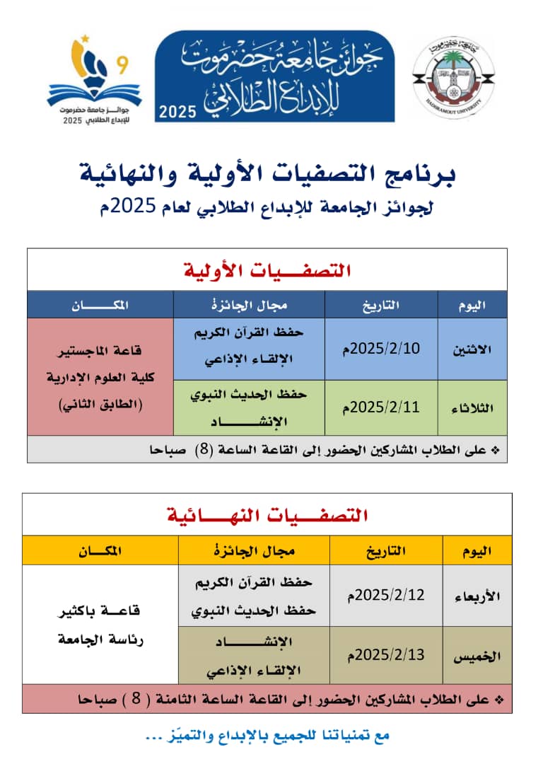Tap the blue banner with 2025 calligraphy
coord(274,76)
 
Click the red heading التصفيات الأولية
coord(267,270)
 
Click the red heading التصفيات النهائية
coord(267,514)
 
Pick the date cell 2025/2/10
coord(381,348)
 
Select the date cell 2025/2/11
coord(381,407)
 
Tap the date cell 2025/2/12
coord(386,594)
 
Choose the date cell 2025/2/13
coord(386,654)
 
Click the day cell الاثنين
coord(472,349)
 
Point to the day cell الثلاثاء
coord(472,408)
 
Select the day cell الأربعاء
coord(477,596)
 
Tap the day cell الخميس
coord(477,656)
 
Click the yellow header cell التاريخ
coord(386,550)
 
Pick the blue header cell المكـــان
coord(100,305)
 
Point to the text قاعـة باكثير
coord(100,609)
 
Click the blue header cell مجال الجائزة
coord(249,305)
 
